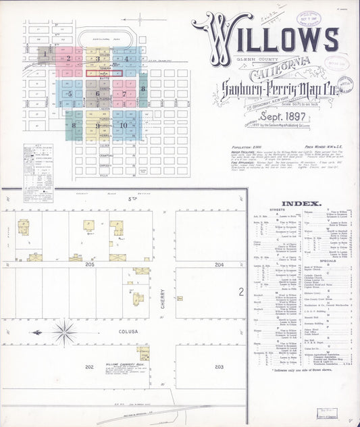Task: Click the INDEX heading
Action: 296,203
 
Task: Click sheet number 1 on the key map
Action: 45,53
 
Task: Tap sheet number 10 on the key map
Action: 123,125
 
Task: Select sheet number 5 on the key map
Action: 70,94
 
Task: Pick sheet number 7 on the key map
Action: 124,94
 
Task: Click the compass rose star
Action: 66,332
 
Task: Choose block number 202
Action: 88,367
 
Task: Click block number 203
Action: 219,367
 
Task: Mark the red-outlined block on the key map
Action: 104,73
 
